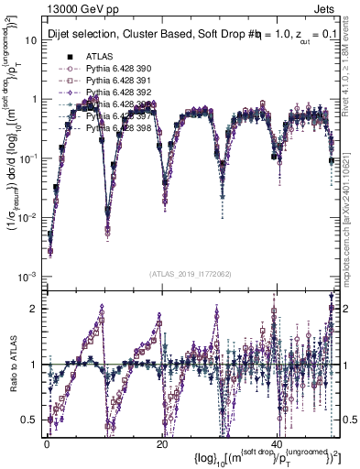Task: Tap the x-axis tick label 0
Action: coord(46,442)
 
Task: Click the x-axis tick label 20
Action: coord(161,442)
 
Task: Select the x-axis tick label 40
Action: coord(276,442)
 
